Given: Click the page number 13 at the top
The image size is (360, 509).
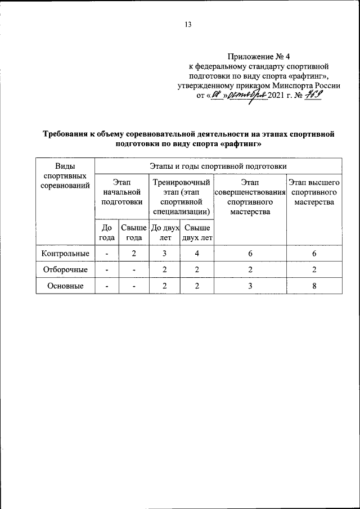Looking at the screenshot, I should click(188, 24).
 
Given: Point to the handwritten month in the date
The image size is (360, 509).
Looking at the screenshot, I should click(244, 95).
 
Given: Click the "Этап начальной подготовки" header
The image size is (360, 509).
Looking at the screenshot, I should click(122, 192).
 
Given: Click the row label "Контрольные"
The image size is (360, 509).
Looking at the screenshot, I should click(66, 254).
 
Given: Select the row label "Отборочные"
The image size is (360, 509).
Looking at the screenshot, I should click(66, 270).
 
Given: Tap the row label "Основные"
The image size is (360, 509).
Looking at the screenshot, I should click(66, 286).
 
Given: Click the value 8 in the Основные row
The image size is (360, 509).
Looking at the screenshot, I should click(314, 286).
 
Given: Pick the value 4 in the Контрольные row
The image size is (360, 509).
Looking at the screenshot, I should click(197, 254).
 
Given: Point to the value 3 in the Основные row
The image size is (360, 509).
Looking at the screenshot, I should click(250, 286).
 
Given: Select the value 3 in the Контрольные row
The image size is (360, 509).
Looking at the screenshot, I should click(165, 254).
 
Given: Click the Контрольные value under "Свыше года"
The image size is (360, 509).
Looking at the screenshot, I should click(134, 254).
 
